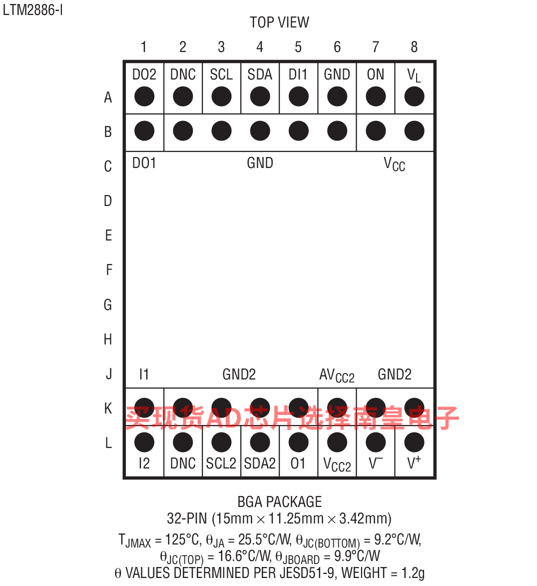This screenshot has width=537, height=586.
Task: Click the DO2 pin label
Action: [144, 74]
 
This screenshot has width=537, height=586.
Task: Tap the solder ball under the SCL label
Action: [221, 96]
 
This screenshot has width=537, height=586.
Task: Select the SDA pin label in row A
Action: [260, 74]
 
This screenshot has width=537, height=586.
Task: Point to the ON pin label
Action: [375, 74]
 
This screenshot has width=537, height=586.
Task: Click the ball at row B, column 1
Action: [144, 131]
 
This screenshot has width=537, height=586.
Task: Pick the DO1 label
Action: [144, 163]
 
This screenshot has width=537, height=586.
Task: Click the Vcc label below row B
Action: [394, 164]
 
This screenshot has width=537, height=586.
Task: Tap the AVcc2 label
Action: [337, 375]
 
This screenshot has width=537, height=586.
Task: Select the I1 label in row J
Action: [144, 374]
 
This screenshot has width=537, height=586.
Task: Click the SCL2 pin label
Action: [221, 463]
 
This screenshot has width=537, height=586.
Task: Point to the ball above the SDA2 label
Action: [260, 442]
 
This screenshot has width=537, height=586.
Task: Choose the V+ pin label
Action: [414, 462]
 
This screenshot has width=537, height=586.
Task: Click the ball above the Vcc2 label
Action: [337, 442]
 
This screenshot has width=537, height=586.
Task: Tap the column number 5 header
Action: [298, 47]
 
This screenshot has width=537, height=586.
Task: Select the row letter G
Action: [108, 304]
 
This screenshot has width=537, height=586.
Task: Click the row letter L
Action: [108, 443]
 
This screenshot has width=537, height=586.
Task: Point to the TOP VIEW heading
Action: [279, 22]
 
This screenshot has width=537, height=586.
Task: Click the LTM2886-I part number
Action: [33, 10]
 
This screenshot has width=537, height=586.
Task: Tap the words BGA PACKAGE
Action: [280, 501]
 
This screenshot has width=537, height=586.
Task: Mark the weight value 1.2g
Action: [413, 573]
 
